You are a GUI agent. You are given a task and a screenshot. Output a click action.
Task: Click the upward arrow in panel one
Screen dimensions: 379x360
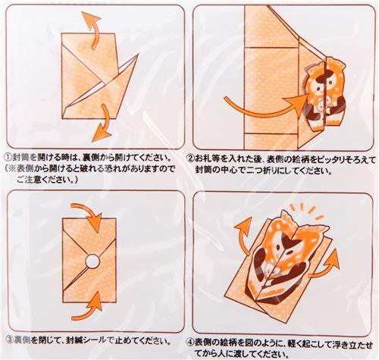93,28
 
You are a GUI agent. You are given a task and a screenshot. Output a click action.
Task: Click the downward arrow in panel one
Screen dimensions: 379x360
103,125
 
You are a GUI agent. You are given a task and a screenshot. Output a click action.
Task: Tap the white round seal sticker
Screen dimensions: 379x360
92,261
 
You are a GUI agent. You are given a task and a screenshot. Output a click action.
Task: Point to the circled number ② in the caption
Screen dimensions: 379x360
190,159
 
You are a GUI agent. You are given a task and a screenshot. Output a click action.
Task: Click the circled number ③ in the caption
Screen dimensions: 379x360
10,340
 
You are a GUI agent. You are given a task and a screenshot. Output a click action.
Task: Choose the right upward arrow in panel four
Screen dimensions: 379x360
327,263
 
